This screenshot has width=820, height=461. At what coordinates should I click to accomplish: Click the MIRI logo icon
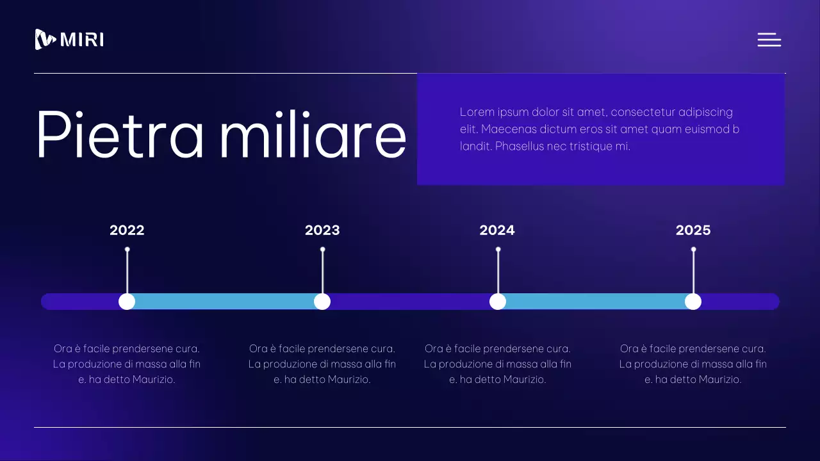(x=45, y=40)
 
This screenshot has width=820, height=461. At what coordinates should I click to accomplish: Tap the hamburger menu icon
(x=769, y=40)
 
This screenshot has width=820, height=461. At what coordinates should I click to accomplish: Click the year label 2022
(x=127, y=230)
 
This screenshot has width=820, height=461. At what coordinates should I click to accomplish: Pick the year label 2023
(x=322, y=230)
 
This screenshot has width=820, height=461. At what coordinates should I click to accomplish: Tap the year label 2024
(x=497, y=230)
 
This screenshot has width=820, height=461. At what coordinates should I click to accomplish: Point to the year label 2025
(x=693, y=230)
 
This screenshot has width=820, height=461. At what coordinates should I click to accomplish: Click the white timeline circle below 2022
(x=127, y=302)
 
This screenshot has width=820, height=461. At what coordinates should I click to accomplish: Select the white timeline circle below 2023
(x=322, y=302)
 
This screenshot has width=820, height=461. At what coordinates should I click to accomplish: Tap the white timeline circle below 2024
(x=498, y=302)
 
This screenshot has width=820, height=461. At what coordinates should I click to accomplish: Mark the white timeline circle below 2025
(x=693, y=302)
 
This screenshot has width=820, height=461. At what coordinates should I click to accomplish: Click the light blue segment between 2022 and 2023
(x=224, y=302)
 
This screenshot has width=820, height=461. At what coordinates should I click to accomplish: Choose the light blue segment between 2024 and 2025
(x=596, y=302)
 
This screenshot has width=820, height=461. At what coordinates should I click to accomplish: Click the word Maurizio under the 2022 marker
(x=154, y=380)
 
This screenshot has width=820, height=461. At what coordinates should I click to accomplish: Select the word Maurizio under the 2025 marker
(x=720, y=380)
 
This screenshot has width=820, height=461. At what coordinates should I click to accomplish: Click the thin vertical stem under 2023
(x=322, y=272)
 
